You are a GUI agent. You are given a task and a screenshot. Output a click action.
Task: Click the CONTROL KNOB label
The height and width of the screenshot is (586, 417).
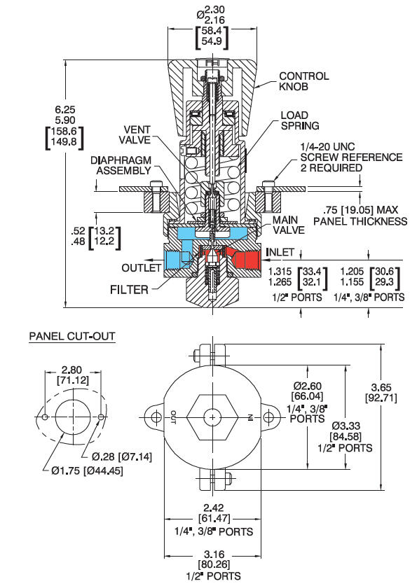click(x=304, y=81)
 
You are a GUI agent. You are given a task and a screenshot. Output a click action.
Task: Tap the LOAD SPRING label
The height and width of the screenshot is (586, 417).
click(x=299, y=120)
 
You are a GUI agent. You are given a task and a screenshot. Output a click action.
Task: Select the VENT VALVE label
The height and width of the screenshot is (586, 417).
click(x=135, y=134)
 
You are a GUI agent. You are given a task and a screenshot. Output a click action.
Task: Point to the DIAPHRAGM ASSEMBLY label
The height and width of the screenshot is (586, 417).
click(x=121, y=165)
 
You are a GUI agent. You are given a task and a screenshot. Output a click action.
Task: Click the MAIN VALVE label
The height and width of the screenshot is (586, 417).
click(x=288, y=225)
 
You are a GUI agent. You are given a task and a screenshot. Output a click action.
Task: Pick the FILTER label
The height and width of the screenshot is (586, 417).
click(x=129, y=289)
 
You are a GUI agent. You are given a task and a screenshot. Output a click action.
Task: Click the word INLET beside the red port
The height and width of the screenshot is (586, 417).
click(x=280, y=252)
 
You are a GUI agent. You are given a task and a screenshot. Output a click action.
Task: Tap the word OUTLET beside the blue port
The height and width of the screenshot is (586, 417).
click(x=142, y=267)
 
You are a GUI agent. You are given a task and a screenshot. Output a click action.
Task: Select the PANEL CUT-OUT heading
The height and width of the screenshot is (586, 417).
click(x=72, y=336)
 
